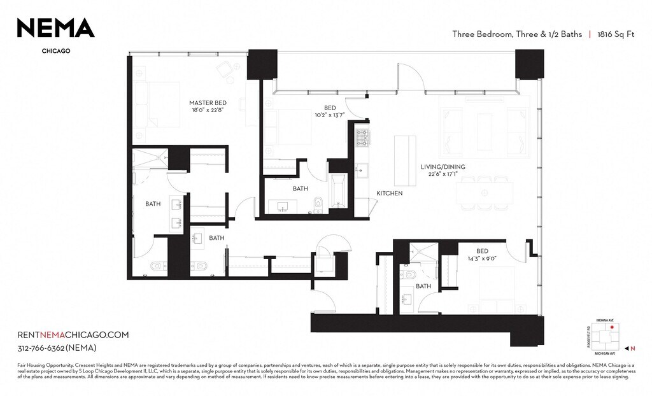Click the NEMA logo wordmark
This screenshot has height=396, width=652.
pyautogui.click(x=55, y=27)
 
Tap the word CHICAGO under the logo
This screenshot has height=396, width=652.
pyautogui.click(x=55, y=51)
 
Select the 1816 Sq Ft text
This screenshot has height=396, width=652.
pyautogui.click(x=616, y=34)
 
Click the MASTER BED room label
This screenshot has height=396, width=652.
pyautogui.click(x=208, y=103)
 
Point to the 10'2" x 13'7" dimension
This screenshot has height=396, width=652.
pyautogui.click(x=330, y=115)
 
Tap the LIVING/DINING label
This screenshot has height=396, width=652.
pyautogui.click(x=443, y=167)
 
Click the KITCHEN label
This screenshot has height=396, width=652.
pyautogui.click(x=389, y=193)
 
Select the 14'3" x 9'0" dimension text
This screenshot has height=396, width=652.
pyautogui.click(x=483, y=259)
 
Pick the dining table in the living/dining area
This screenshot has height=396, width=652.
pyautogui.click(x=485, y=193)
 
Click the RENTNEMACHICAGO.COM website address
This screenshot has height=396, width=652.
pyautogui.click(x=73, y=335)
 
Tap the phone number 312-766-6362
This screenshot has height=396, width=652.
pyautogui.click(x=57, y=348)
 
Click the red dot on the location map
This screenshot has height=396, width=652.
pyautogui.click(x=613, y=327)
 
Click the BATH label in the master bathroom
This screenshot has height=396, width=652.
pyautogui.click(x=153, y=204)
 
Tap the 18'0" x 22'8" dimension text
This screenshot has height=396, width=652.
pyautogui.click(x=208, y=110)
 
